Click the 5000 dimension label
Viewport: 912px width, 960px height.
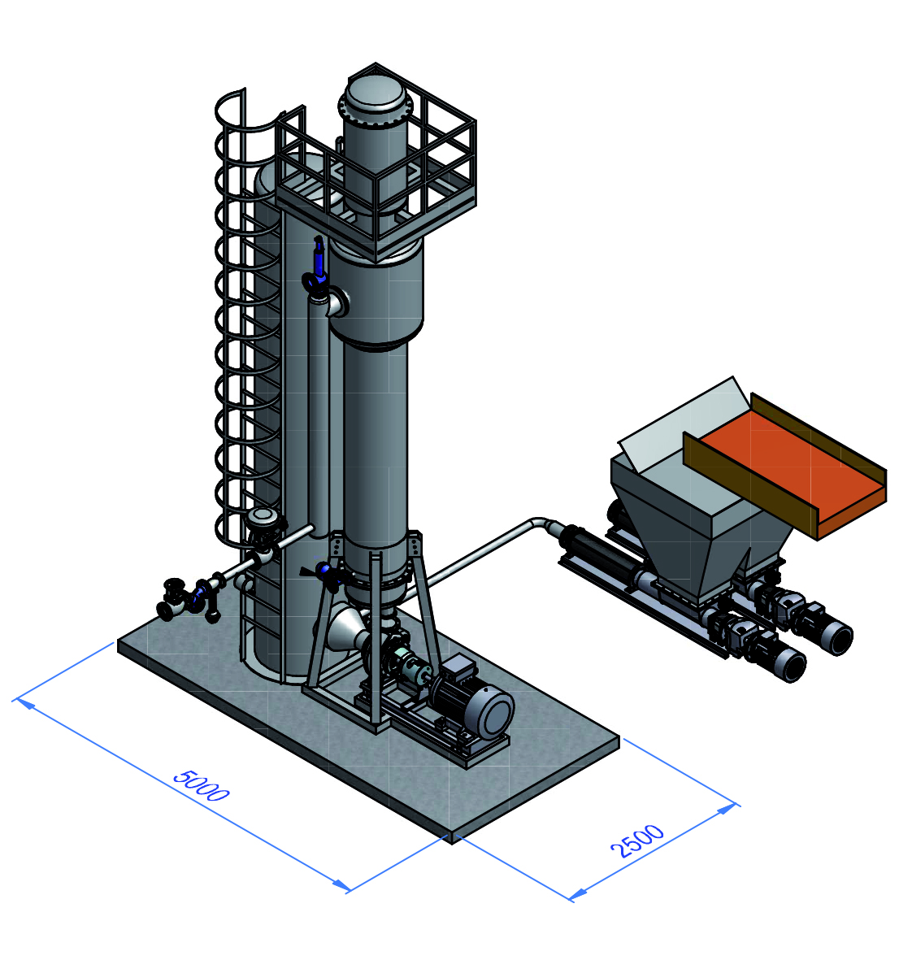click(x=201, y=785)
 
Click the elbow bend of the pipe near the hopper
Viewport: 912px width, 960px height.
click(x=538, y=523)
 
